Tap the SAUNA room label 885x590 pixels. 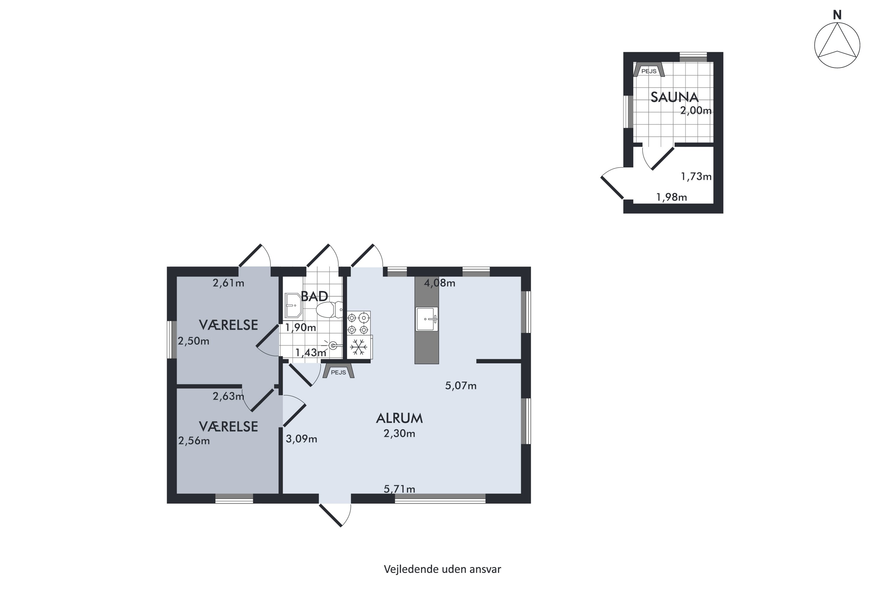tap(674, 97)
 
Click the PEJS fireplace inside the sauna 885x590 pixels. tap(649, 70)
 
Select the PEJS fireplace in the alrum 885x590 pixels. tap(338, 371)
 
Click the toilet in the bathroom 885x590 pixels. tap(330, 310)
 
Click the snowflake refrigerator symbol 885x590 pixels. tap(359, 347)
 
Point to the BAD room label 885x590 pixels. tap(314, 296)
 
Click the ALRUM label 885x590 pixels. tap(399, 418)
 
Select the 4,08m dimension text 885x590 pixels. tap(440, 283)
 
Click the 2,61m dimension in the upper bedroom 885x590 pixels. tap(228, 283)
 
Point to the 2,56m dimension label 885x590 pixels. tap(194, 441)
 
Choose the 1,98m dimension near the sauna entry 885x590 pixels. tap(672, 197)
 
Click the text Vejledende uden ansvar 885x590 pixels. tap(442, 569)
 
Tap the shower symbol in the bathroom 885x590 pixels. tap(332, 345)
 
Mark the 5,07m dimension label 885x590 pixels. tap(461, 386)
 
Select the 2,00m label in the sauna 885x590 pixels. tap(696, 111)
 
